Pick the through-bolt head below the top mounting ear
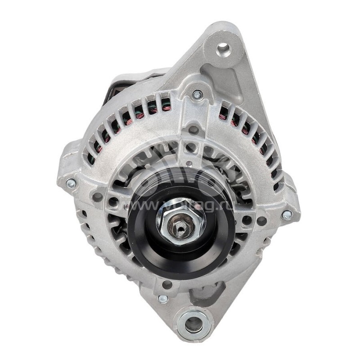point(197,94)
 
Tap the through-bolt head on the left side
point(71,183)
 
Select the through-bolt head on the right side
point(287,215)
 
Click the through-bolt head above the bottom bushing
point(163,299)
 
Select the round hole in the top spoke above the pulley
point(193,130)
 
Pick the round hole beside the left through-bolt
point(97,197)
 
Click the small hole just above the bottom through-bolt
point(167,284)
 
